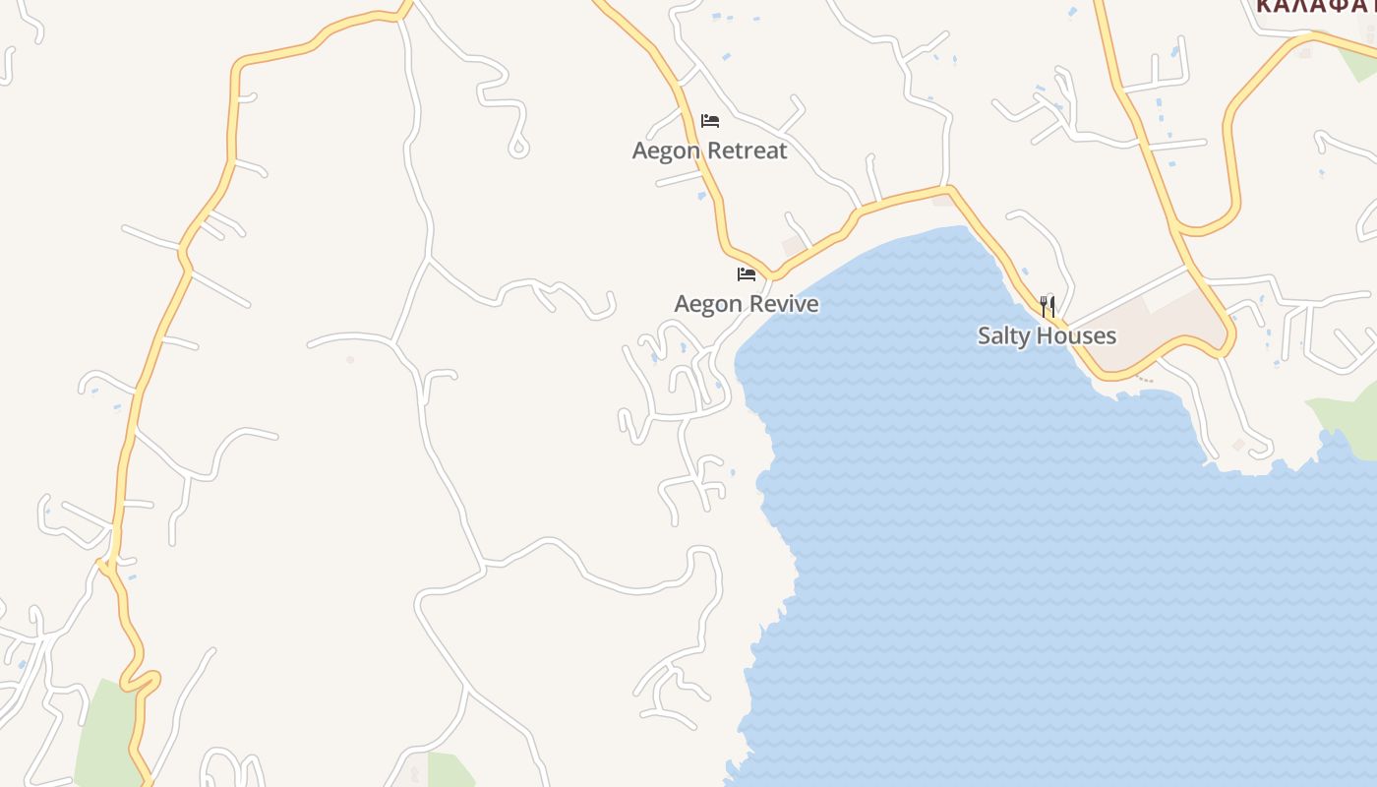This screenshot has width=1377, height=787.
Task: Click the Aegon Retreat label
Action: coord(709,151)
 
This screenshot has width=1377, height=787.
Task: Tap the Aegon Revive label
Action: coord(746,304)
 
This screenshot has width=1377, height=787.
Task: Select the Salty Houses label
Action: coord(1047,335)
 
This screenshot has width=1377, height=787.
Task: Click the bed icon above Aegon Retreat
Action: coord(710,121)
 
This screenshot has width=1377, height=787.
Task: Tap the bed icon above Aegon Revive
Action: coord(747,274)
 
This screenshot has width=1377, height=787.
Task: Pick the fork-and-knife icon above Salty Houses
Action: coord(1048,306)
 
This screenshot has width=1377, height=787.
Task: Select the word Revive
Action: coord(783,304)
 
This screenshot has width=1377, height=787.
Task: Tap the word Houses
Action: coord(1080,335)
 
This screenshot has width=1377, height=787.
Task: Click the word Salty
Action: coord(1007,335)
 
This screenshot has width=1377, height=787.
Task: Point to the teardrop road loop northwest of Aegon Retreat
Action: coord(518,148)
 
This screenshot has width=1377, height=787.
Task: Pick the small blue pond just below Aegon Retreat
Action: coord(701,196)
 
